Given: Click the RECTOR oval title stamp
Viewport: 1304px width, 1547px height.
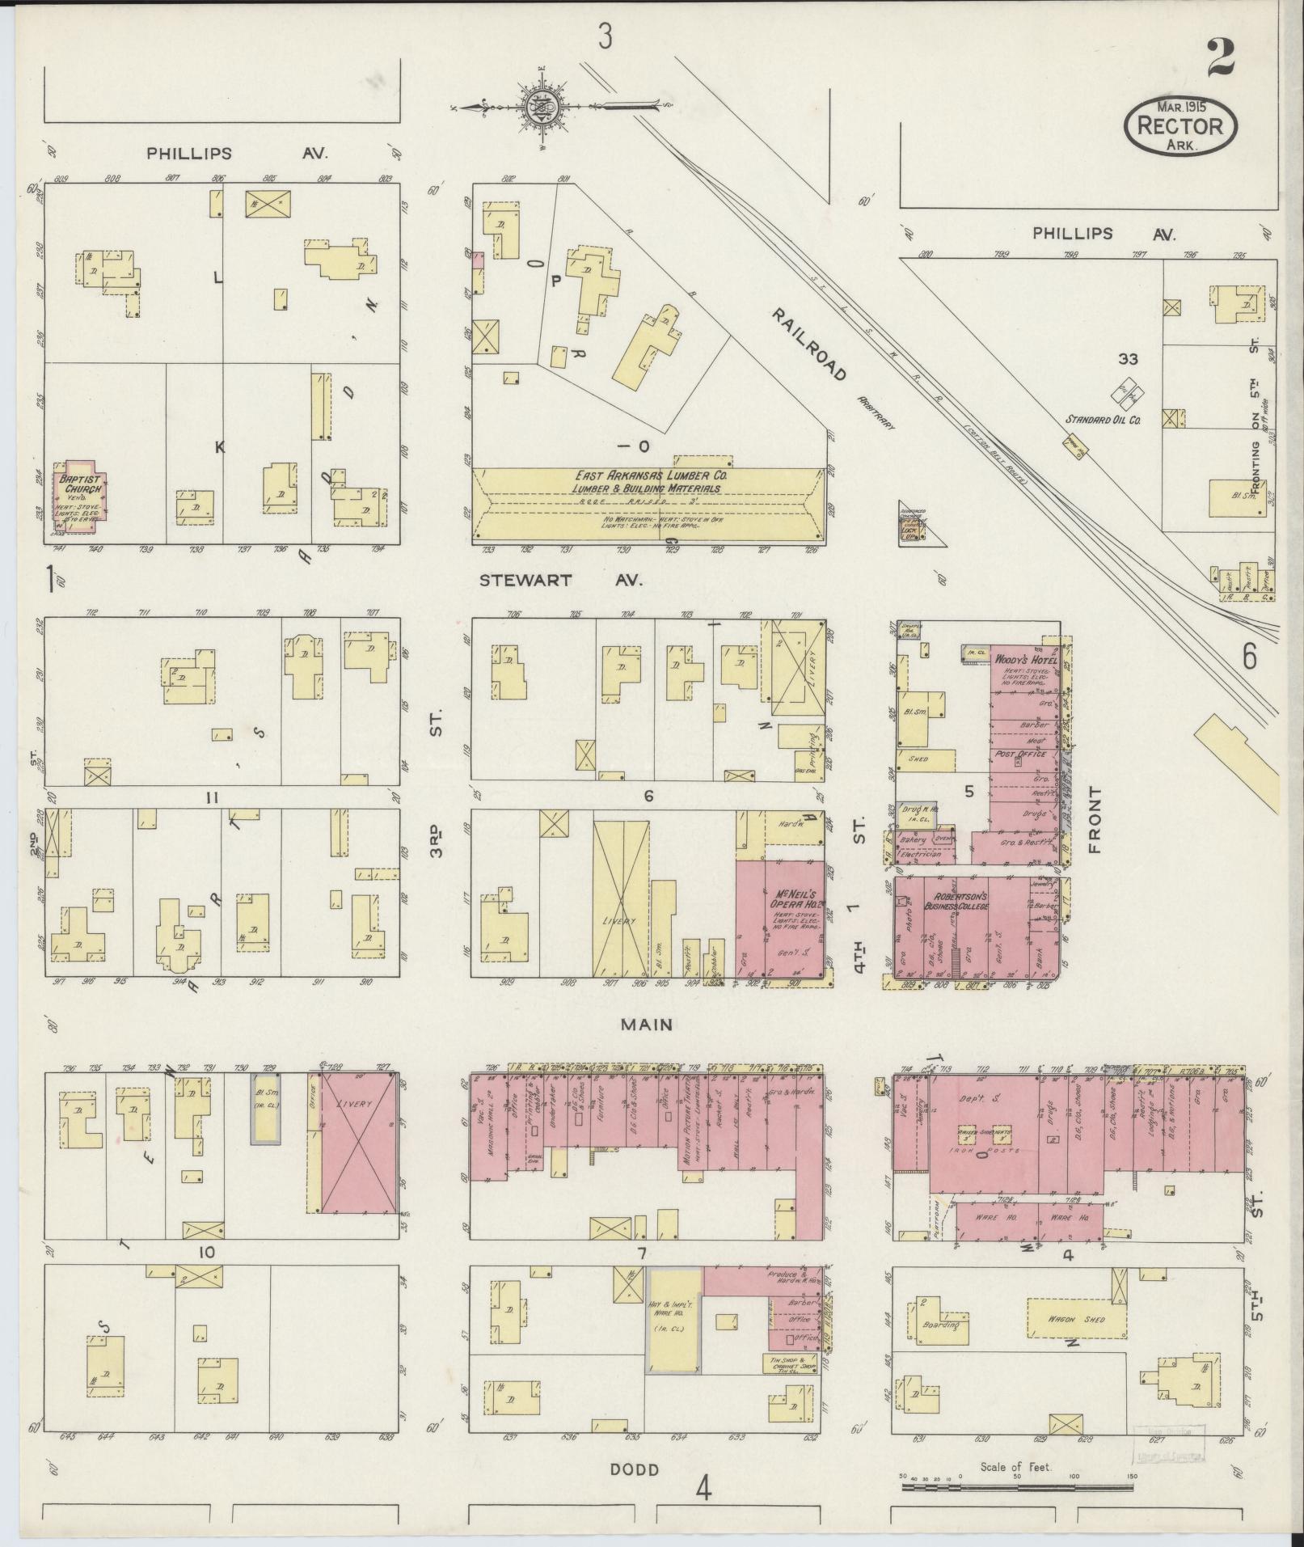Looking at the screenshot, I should coord(1180,126).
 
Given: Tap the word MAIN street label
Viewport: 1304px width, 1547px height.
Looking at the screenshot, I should coord(647,1025).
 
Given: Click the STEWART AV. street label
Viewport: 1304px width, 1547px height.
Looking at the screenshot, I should coord(560,580).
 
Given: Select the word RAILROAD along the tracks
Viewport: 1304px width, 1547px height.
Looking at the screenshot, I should coord(808,344).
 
